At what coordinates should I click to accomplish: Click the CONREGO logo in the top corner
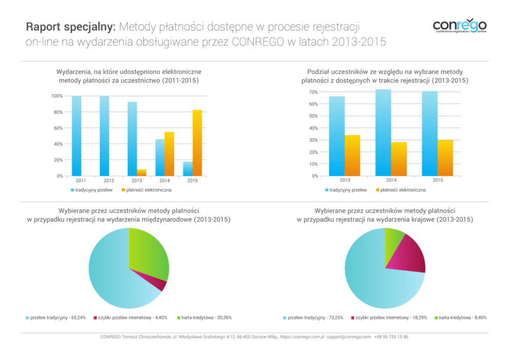click(x=459, y=26)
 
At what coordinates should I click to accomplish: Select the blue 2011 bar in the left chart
click(x=76, y=136)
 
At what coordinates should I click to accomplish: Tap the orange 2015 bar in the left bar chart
click(x=197, y=143)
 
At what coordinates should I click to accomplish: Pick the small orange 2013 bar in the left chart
click(x=142, y=173)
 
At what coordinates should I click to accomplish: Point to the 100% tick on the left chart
click(x=57, y=96)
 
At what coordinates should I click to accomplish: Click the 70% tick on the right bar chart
click(x=314, y=92)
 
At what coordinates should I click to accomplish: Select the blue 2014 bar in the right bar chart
click(x=383, y=133)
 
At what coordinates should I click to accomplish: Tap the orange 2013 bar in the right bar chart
click(x=353, y=155)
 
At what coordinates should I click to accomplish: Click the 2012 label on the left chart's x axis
click(x=109, y=181)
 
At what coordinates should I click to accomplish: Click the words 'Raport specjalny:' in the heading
click(x=72, y=26)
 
